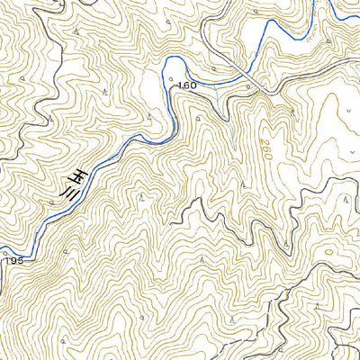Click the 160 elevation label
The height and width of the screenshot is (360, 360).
point(187,85)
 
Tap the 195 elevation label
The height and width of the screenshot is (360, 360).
point(13,260)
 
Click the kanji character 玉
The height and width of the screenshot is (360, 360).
point(79,175)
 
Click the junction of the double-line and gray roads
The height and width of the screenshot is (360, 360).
point(266,91)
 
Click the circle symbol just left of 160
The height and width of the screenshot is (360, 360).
point(170,81)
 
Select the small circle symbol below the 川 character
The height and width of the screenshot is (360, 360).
point(52,203)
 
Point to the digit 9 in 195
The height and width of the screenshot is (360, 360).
point(13,260)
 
